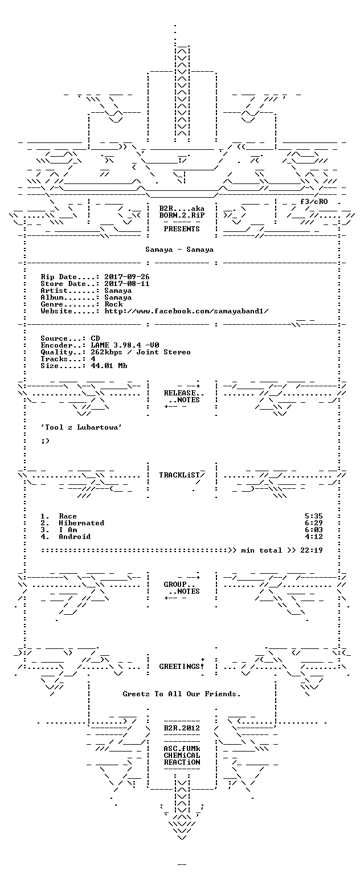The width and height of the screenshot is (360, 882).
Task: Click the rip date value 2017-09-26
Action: (126, 277)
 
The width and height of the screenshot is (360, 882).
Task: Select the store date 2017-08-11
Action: (126, 284)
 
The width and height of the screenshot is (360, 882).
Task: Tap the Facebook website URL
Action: (186, 311)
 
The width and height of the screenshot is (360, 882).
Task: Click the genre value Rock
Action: (113, 304)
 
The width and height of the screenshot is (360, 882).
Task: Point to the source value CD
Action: (95, 338)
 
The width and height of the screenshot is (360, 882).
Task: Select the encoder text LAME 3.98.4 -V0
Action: (125, 345)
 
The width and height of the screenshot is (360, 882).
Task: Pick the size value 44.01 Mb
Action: (109, 366)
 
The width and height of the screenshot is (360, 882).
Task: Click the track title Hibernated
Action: (81, 523)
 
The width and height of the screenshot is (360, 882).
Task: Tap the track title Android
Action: (75, 537)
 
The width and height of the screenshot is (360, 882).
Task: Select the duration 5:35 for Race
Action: (313, 516)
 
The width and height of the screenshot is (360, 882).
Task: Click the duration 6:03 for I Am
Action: (313, 530)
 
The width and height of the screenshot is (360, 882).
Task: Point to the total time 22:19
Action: (311, 550)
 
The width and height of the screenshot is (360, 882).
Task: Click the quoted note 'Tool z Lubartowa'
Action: (81, 427)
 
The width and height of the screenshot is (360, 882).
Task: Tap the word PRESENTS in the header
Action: (182, 229)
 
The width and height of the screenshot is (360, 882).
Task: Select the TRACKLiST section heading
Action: (182, 475)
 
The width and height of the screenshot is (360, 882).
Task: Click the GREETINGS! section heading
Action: (182, 667)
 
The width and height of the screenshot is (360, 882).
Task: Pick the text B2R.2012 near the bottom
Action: (182, 728)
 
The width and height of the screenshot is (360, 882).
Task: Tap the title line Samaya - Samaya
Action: (179, 249)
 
